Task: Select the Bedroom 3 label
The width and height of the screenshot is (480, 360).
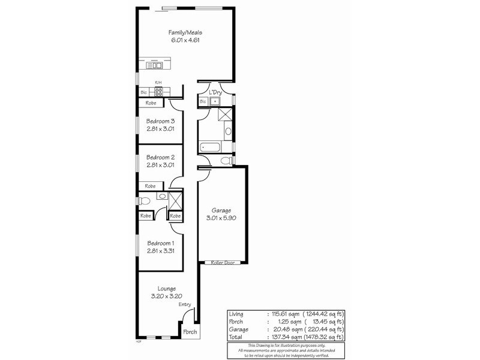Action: (x=160, y=121)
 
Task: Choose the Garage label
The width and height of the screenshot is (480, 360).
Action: (x=221, y=211)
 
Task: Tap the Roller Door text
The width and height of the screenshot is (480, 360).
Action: (x=221, y=263)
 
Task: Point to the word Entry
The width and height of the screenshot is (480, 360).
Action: (x=185, y=305)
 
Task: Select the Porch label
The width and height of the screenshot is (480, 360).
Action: (x=190, y=331)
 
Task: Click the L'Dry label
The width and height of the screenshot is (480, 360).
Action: (x=215, y=92)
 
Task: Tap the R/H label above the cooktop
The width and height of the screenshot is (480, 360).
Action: (x=158, y=83)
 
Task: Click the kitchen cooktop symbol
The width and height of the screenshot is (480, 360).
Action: (x=159, y=92)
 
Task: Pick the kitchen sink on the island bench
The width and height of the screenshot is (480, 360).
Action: (x=155, y=64)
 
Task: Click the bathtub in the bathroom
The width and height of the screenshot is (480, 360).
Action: (x=211, y=146)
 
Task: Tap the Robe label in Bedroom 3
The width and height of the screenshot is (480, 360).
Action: (x=151, y=103)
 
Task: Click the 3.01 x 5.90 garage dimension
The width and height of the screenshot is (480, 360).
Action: (x=221, y=219)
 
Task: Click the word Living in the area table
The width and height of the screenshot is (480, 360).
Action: (x=237, y=313)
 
